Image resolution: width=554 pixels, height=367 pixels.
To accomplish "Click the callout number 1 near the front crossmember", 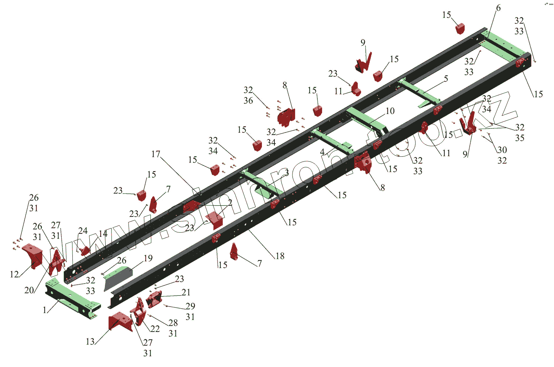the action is (45, 310).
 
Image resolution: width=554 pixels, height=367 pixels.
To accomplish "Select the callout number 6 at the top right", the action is (498, 8).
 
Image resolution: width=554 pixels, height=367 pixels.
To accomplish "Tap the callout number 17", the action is (155, 154).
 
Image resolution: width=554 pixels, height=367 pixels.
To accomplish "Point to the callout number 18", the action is (280, 256).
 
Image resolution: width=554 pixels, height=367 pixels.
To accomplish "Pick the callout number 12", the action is (14, 274).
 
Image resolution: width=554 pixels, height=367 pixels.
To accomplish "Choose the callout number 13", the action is (90, 342).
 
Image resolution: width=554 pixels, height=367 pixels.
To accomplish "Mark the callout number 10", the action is (390, 111).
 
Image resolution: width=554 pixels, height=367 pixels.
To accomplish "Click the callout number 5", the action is (446, 79).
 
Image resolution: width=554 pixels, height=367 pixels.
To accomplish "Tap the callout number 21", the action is (186, 292).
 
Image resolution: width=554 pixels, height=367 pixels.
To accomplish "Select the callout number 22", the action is (155, 329).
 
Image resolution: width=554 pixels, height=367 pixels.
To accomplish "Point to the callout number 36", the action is (248, 101).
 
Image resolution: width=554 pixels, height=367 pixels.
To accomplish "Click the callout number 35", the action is (520, 138).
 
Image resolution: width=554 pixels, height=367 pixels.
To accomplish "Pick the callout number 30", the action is (502, 150).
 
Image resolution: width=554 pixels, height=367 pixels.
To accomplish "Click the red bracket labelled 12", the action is (33, 255).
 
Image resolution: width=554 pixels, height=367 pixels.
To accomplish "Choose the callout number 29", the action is (190, 306).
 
